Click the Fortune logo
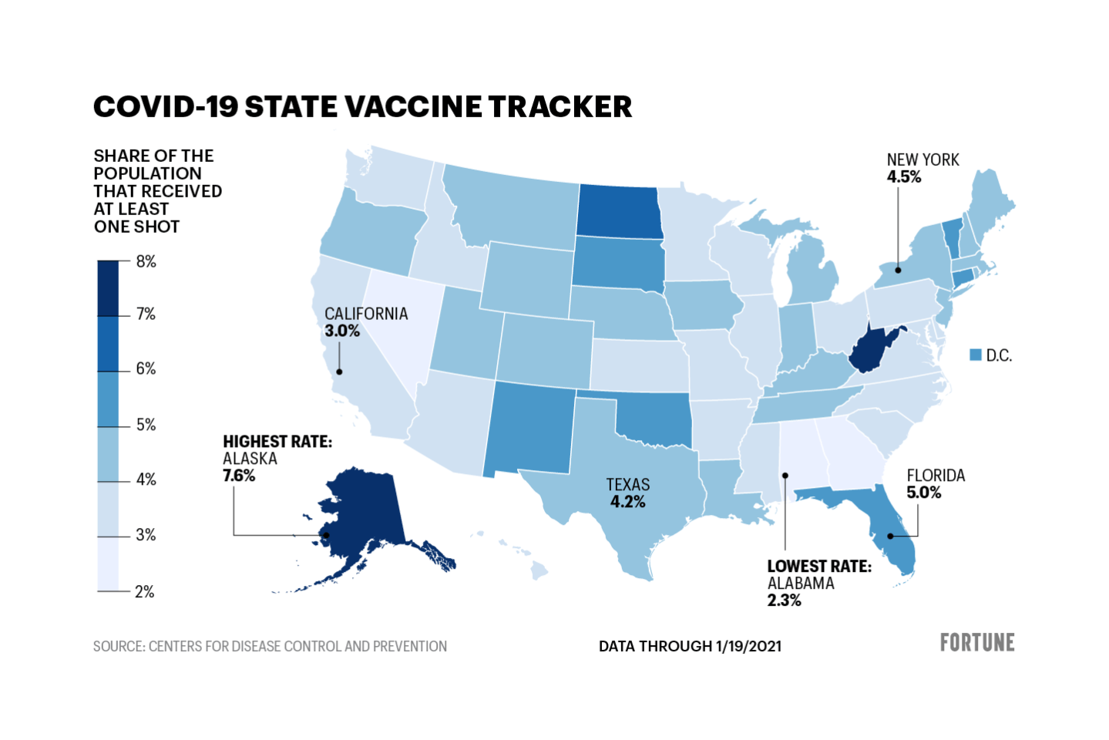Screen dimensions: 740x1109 tap(976, 642)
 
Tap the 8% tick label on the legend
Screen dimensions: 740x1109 tap(146, 261)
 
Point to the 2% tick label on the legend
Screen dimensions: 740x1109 tap(145, 591)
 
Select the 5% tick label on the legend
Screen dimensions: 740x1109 tap(146, 425)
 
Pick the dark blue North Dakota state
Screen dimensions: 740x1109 tap(618, 212)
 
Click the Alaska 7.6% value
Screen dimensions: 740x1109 tap(239, 476)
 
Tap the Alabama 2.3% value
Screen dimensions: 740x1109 tap(784, 600)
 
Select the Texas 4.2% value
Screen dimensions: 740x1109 tap(627, 502)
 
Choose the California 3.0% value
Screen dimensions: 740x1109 tap(342, 331)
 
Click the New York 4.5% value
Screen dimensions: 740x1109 tap(903, 177)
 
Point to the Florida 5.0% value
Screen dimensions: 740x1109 tap(923, 493)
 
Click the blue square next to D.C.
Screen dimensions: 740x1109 tap(976, 355)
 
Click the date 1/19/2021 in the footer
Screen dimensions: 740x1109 tap(748, 646)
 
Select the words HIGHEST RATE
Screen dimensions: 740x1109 tap(277, 442)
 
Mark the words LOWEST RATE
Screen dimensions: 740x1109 tap(819, 567)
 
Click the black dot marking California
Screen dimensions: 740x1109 tap(339, 372)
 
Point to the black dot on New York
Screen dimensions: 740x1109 tap(898, 271)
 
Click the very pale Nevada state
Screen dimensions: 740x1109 tap(397, 324)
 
